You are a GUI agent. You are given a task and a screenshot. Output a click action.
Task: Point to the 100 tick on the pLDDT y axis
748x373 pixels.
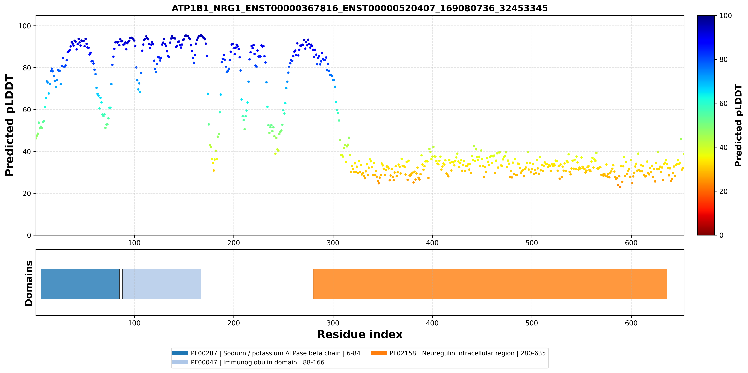(25, 26)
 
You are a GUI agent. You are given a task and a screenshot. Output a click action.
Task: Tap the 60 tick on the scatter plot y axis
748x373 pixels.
(27, 110)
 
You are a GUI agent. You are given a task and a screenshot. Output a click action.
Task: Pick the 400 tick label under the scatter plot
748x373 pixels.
(432, 243)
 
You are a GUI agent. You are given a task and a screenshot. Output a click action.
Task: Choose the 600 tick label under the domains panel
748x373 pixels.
(631, 323)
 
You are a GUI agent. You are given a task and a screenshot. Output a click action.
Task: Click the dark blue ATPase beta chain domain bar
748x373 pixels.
(80, 284)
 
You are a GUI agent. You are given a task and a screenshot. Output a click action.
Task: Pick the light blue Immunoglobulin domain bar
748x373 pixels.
(162, 284)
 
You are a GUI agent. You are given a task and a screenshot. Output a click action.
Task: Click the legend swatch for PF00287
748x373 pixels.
(180, 353)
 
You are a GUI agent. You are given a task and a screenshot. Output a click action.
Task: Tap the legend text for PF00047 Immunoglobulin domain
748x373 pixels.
(257, 362)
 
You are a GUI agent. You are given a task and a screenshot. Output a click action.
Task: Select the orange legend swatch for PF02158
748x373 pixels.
(379, 353)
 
